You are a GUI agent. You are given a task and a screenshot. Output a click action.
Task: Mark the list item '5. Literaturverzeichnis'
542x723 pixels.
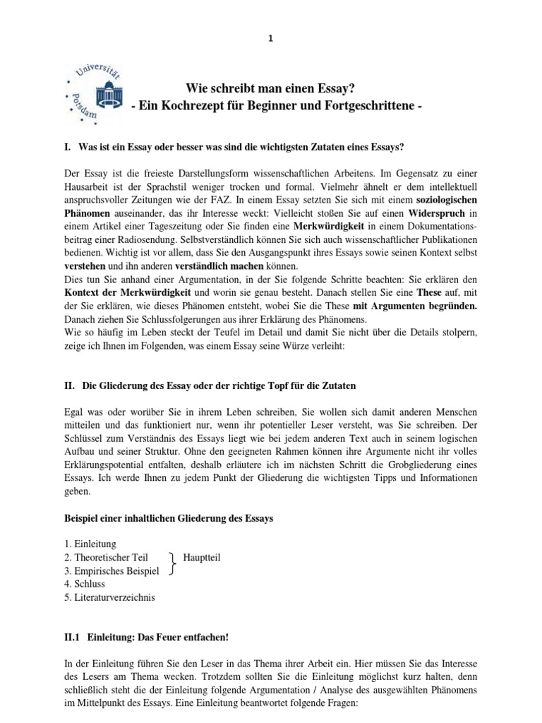pos(119,597)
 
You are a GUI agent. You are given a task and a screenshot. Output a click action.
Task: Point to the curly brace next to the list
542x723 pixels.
pos(173,564)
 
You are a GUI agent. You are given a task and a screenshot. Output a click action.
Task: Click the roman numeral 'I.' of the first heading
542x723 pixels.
pos(68,146)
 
